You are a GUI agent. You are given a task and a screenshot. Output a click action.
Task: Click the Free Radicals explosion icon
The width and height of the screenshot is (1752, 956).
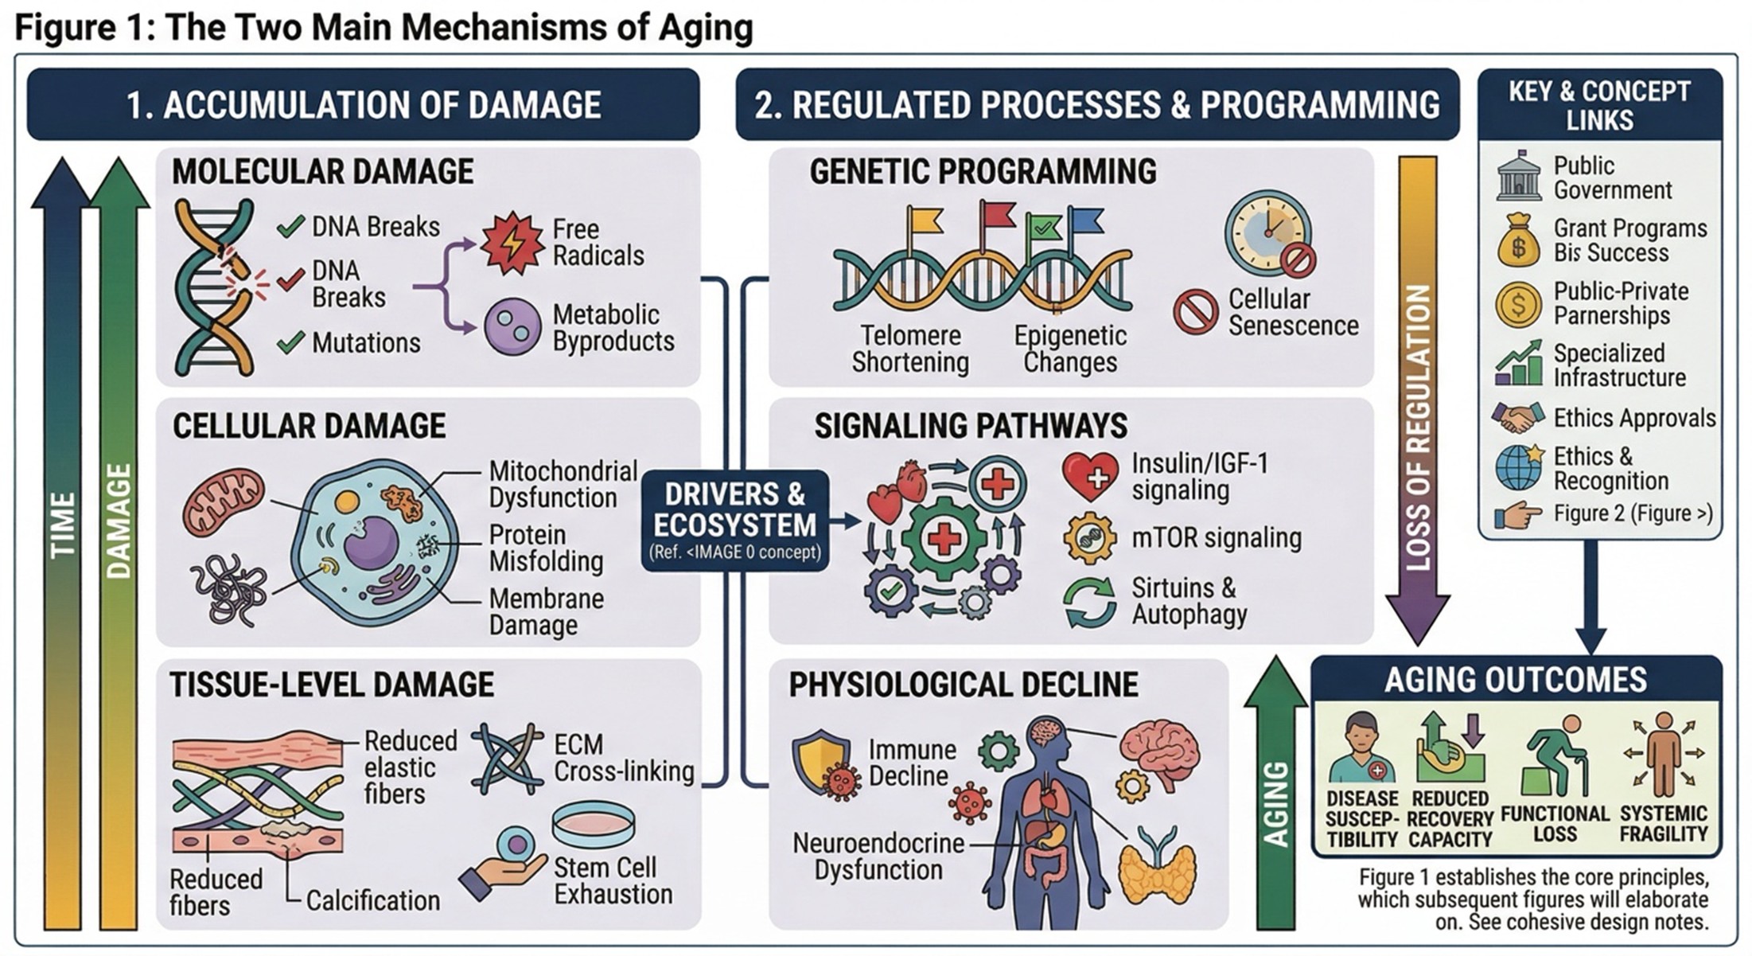pyautogui.click(x=512, y=242)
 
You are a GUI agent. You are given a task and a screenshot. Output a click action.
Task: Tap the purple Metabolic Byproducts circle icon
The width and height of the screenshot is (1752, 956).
pyautogui.click(x=512, y=326)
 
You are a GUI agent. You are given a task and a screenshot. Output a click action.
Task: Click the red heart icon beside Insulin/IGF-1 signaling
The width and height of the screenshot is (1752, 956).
pyautogui.click(x=1090, y=477)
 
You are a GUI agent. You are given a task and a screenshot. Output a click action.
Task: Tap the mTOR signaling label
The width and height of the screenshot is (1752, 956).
pyautogui.click(x=1217, y=538)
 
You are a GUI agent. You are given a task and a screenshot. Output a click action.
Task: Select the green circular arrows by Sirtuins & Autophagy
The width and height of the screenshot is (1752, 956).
pyautogui.click(x=1090, y=603)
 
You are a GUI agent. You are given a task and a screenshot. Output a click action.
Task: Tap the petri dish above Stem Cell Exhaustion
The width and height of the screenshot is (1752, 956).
pyautogui.click(x=594, y=825)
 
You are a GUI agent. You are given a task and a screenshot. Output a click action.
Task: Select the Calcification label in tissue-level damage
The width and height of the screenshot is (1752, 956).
pyautogui.click(x=372, y=901)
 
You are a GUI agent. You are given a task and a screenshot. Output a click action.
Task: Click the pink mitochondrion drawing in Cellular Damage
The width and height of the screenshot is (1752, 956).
pyautogui.click(x=224, y=501)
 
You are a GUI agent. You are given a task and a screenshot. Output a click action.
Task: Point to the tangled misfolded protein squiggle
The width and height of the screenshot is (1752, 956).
pyautogui.click(x=231, y=589)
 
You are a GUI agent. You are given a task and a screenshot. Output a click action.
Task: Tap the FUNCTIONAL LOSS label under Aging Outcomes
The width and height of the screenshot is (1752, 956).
pyautogui.click(x=1555, y=824)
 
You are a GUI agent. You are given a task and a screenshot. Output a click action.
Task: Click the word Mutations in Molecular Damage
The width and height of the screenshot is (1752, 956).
pyautogui.click(x=366, y=343)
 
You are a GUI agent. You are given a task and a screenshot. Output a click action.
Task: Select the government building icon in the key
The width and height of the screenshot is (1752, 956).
pyautogui.click(x=1518, y=176)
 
